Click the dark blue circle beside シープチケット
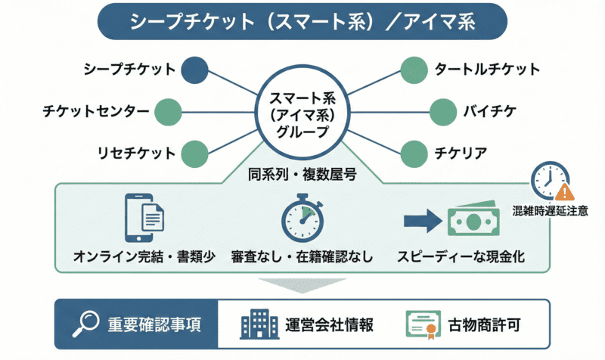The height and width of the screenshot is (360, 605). point(195,70)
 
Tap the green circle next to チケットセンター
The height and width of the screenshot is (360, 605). point(169,111)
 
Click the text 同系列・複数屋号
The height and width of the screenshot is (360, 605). point(302,176)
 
